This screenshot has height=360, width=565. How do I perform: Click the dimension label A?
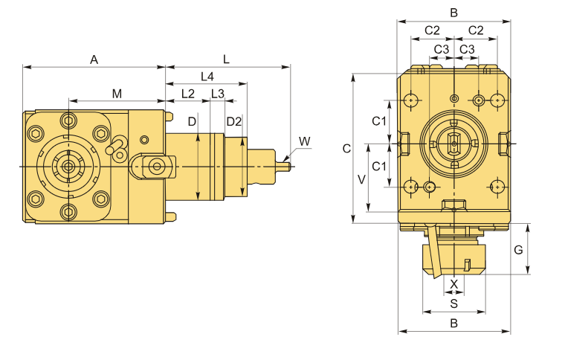94,60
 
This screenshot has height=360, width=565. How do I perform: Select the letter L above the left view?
226,58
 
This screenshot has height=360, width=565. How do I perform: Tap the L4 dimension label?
207,77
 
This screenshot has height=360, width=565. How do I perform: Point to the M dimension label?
117,93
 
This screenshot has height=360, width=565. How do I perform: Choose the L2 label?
187,94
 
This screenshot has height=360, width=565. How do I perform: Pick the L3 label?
217,94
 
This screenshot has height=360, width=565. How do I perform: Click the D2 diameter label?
233,121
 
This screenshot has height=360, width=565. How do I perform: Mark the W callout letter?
304,141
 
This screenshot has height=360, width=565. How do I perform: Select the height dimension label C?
346,149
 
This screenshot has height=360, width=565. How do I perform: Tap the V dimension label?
361,179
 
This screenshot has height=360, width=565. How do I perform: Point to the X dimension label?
454,283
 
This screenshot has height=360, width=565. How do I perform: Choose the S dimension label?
453,303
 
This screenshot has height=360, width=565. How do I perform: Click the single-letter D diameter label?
192,121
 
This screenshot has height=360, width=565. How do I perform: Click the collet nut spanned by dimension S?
453,257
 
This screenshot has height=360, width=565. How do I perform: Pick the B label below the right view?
453,324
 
